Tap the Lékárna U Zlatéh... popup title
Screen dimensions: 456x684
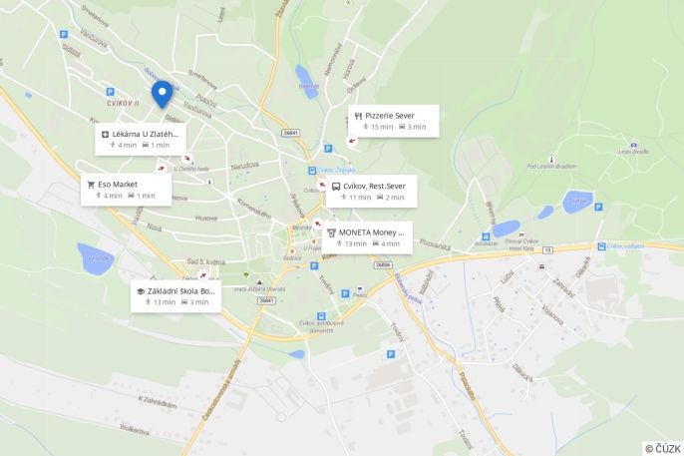point(146,133)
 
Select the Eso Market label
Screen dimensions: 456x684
point(118,185)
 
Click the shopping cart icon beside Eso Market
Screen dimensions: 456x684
point(91,185)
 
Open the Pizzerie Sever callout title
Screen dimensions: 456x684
point(389,116)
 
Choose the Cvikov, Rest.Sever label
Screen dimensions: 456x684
point(375,186)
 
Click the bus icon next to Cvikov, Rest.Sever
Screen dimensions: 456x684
point(336,186)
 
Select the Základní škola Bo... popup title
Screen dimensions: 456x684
point(182,291)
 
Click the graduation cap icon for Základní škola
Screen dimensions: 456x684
point(141,291)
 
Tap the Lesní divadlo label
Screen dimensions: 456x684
point(633,151)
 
